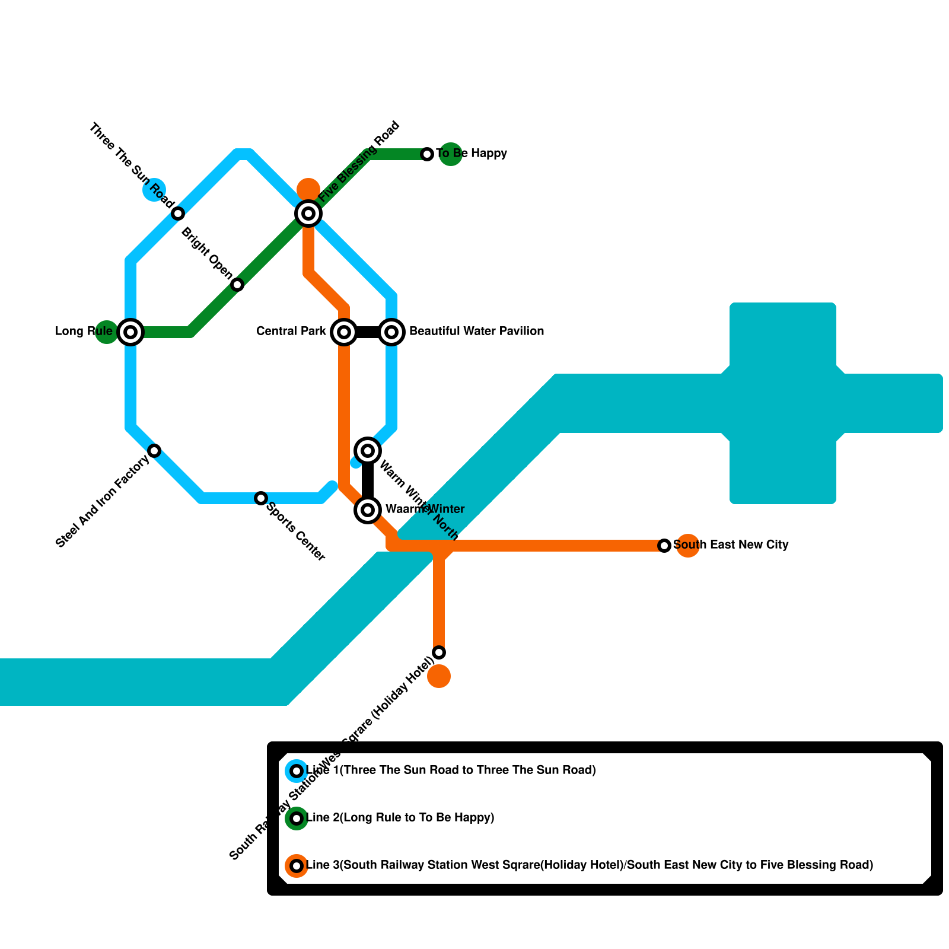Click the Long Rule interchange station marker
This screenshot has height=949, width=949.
pyautogui.click(x=130, y=332)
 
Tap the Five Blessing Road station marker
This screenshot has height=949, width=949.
pyautogui.click(x=308, y=213)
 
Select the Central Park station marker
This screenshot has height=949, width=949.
pyautogui.click(x=344, y=332)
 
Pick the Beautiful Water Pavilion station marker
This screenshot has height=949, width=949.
pyautogui.click(x=391, y=332)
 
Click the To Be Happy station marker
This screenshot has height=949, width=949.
pyautogui.click(x=427, y=154)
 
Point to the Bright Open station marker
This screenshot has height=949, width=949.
pyautogui.click(x=237, y=285)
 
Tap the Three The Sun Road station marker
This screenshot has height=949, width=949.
pyautogui.click(x=178, y=214)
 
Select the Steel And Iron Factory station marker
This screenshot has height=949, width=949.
pyautogui.click(x=154, y=451)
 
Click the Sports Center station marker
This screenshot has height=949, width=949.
pyautogui.click(x=261, y=498)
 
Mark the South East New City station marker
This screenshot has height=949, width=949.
pyautogui.click(x=664, y=545)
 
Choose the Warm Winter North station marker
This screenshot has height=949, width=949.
pyautogui.click(x=368, y=451)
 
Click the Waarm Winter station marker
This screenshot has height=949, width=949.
pyautogui.click(x=368, y=509)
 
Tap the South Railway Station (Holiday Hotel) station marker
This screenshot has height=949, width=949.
pyautogui.click(x=439, y=652)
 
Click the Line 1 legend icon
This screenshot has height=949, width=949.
pyautogui.click(x=297, y=770)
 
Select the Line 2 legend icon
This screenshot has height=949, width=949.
pyautogui.click(x=297, y=818)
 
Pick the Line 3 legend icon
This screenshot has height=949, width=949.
pyautogui.click(x=297, y=865)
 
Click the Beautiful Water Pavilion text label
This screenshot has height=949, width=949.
pyautogui.click(x=476, y=331)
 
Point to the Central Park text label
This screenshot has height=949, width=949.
pyautogui.click(x=291, y=331)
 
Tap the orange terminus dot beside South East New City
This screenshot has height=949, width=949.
pyautogui.click(x=688, y=546)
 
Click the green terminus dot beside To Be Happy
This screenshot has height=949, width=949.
pyautogui.click(x=451, y=154)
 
